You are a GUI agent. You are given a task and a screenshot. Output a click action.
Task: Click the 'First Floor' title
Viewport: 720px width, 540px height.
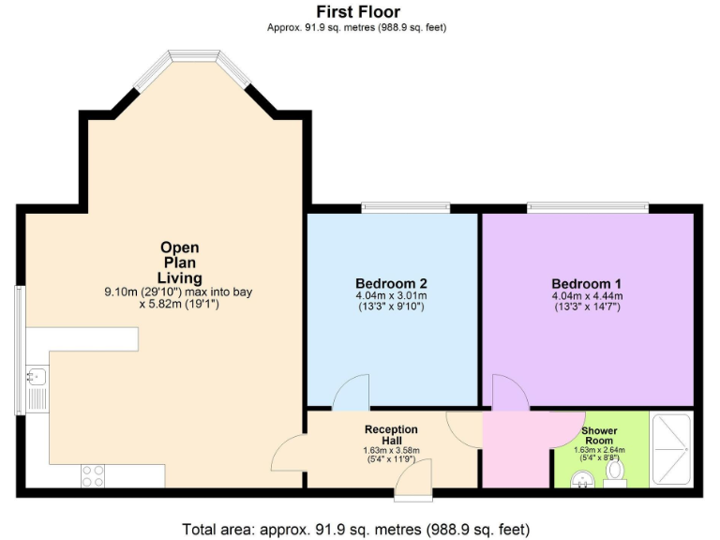click(358, 12)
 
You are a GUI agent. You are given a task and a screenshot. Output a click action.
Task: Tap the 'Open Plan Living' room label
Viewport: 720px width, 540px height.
click(178, 262)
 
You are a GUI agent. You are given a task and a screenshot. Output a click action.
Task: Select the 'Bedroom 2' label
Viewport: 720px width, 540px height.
click(391, 284)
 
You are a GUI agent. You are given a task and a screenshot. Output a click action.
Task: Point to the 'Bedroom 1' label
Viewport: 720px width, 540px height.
click(587, 284)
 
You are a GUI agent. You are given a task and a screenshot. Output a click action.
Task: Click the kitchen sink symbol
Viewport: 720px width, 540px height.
click(36, 377)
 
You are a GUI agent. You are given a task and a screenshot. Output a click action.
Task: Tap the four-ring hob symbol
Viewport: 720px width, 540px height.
click(93, 475)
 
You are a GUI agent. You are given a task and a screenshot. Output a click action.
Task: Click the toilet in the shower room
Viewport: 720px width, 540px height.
click(616, 477)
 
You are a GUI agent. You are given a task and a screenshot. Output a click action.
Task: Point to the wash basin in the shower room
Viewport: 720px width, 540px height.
click(581, 480)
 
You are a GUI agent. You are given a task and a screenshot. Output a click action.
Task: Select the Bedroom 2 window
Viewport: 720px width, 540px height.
click(405, 207)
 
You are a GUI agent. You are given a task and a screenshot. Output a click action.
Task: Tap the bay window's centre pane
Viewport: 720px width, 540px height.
click(192, 59)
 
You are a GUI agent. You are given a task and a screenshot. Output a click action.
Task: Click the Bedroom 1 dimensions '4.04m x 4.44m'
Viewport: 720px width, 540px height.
click(587, 297)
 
